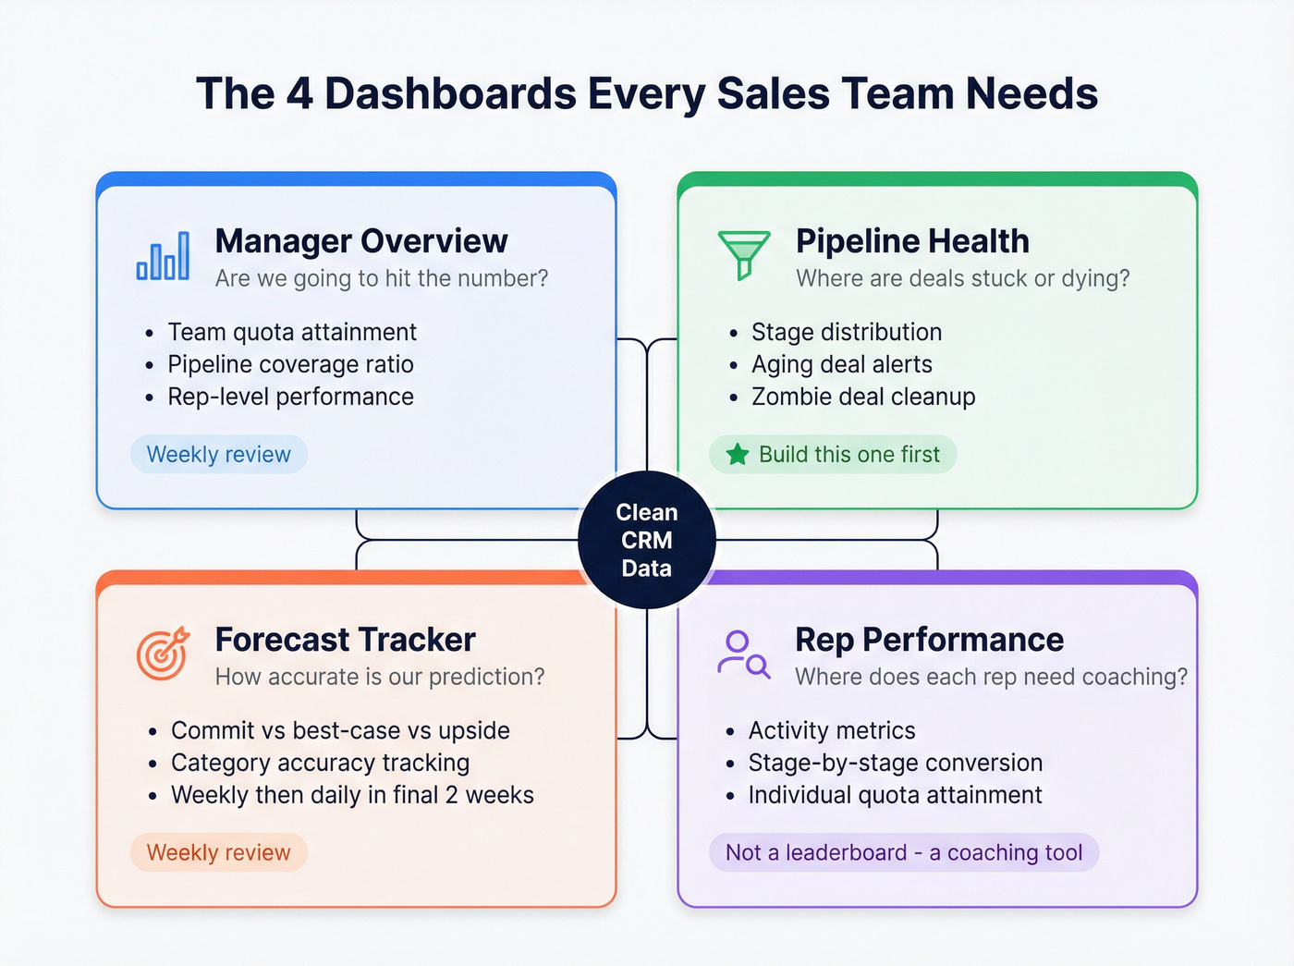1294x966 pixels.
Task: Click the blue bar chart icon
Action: (x=163, y=255)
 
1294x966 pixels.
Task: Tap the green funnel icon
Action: (x=743, y=255)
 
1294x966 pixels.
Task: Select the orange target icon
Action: (x=163, y=654)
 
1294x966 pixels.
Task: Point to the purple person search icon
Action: (x=743, y=654)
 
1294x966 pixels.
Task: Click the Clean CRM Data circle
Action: (x=647, y=540)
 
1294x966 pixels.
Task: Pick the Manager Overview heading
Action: (x=361, y=241)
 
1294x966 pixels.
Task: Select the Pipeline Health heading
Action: (x=912, y=241)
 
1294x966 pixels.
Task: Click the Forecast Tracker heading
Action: (x=345, y=640)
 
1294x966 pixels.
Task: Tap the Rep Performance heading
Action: (x=929, y=640)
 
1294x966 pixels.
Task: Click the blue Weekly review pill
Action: (x=219, y=455)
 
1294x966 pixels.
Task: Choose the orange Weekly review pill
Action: (x=219, y=852)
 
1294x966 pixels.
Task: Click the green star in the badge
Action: (x=737, y=455)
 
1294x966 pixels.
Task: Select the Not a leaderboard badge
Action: (x=904, y=852)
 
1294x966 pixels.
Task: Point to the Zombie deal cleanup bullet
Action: (x=862, y=397)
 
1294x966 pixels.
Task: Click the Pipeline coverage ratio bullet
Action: (x=290, y=364)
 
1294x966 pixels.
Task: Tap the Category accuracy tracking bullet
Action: (x=320, y=763)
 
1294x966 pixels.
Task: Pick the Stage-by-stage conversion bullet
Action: (x=895, y=763)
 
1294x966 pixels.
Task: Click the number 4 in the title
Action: (x=299, y=94)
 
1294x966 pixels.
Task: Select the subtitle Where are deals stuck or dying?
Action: (x=962, y=278)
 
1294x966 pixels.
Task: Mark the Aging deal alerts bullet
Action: (x=841, y=364)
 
